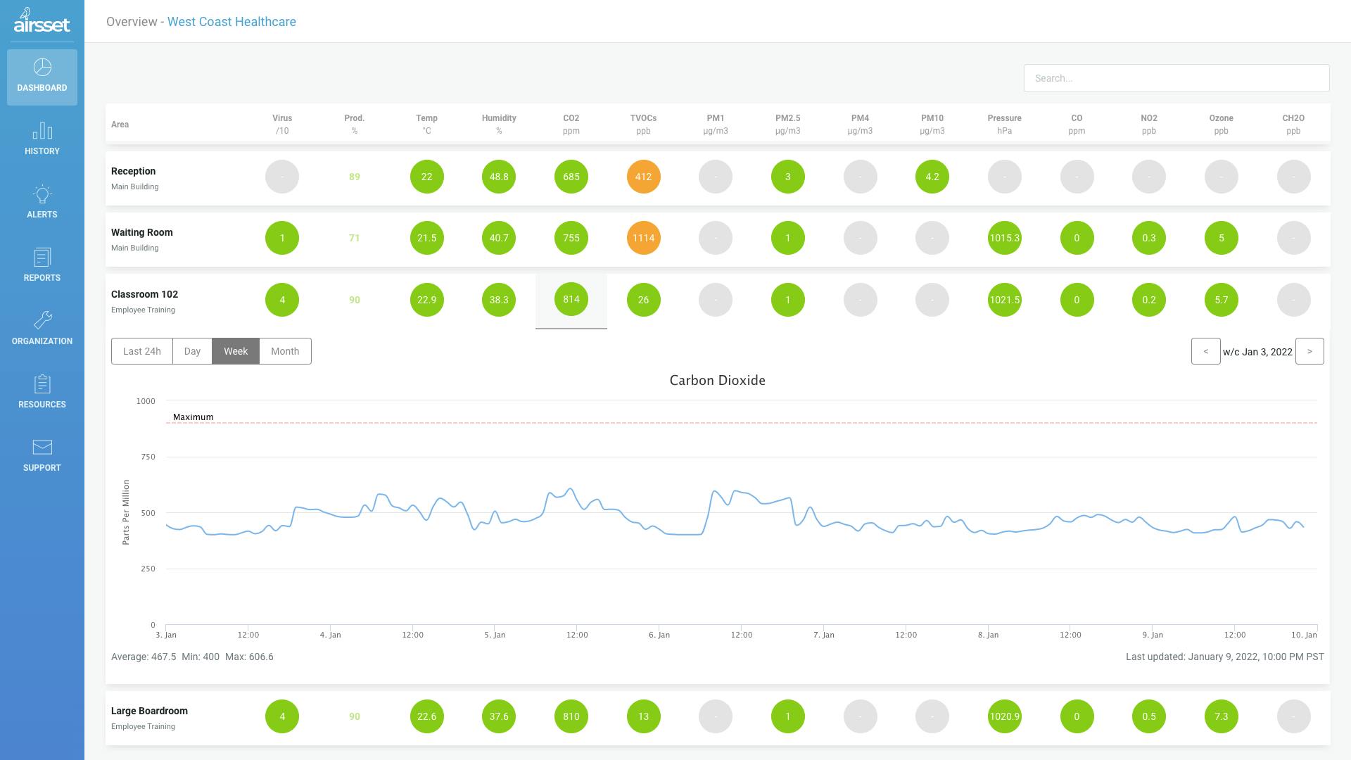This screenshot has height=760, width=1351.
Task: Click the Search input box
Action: click(x=1176, y=78)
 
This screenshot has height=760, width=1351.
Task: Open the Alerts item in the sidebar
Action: click(x=42, y=203)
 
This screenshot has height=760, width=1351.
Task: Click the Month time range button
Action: click(x=285, y=351)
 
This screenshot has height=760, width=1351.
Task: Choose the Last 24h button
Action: click(x=142, y=351)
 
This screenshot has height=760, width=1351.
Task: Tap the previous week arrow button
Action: click(x=1205, y=351)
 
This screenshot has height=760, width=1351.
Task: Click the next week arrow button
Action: click(x=1309, y=351)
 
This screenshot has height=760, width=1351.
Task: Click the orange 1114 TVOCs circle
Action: click(x=643, y=238)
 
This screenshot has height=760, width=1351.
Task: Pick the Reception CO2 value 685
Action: click(x=571, y=177)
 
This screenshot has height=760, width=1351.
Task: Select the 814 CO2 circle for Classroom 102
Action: click(x=571, y=300)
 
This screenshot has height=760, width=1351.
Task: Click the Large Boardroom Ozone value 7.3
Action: click(x=1221, y=716)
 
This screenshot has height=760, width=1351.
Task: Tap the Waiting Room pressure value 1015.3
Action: click(x=1004, y=238)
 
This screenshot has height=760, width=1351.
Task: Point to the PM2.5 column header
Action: click(x=787, y=124)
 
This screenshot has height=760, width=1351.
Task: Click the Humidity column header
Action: click(x=499, y=124)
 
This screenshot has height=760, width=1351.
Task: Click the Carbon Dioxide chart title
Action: click(x=717, y=381)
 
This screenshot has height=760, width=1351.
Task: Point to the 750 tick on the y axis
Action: click(x=148, y=457)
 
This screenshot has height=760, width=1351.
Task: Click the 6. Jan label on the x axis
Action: click(x=659, y=635)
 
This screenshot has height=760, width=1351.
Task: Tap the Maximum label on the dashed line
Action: click(x=193, y=417)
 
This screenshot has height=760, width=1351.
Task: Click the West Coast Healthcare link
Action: click(x=231, y=22)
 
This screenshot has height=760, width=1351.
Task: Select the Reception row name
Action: click(x=133, y=171)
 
